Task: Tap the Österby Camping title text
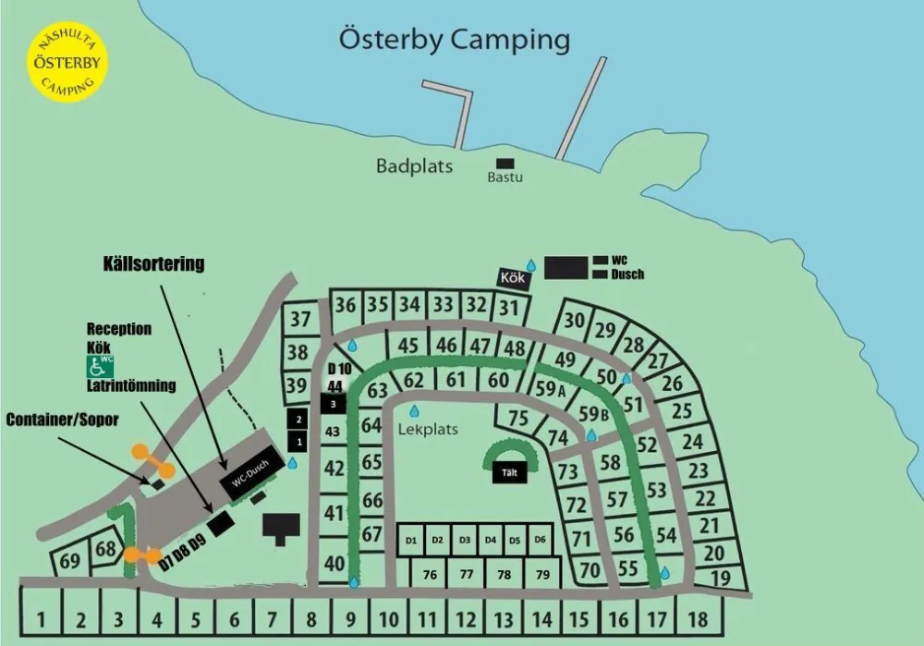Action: tap(454, 41)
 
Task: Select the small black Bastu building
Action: tap(505, 163)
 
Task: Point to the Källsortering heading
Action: tap(152, 264)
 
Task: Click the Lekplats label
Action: tap(428, 430)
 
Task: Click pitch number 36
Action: tap(346, 305)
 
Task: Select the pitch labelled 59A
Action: tap(549, 389)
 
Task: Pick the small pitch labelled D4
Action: tap(490, 540)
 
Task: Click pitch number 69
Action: tap(69, 561)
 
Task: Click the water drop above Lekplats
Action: tap(414, 410)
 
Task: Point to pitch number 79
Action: tap(542, 574)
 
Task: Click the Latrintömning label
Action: tap(131, 384)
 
